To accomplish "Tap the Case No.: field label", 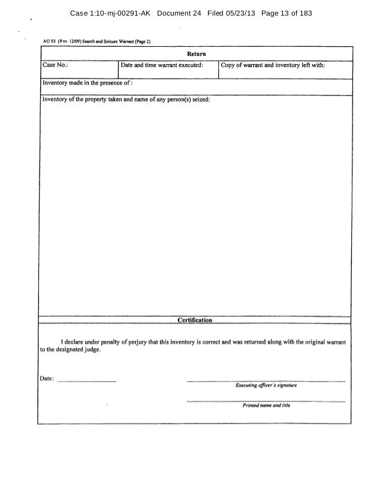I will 53,65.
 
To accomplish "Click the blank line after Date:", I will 88,381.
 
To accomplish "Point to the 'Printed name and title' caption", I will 266,406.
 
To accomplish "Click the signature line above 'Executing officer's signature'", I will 266,381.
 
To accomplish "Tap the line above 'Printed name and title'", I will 266,400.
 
